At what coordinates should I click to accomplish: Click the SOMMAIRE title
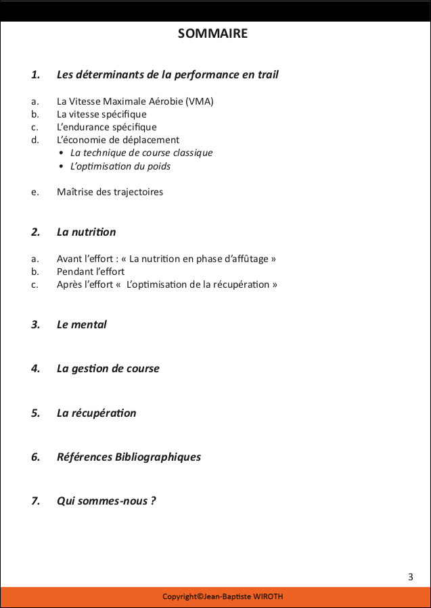click(x=212, y=33)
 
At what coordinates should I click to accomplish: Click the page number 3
click(x=411, y=576)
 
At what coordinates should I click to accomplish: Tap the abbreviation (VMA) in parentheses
click(x=200, y=101)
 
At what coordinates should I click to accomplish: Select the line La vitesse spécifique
click(x=101, y=114)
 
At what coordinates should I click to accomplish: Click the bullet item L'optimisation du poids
click(x=120, y=166)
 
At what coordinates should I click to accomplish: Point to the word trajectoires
click(x=139, y=192)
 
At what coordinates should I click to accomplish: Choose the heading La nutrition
click(x=86, y=232)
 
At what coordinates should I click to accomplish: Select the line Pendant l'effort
click(x=91, y=272)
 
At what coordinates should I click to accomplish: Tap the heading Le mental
click(x=81, y=324)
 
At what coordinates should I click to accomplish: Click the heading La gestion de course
click(x=108, y=369)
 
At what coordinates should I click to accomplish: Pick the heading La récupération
click(x=96, y=413)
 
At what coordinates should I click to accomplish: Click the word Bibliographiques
click(x=158, y=457)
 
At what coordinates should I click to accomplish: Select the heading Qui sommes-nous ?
click(x=106, y=501)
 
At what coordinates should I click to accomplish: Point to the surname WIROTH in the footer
click(x=269, y=597)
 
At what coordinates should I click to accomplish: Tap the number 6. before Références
click(x=35, y=457)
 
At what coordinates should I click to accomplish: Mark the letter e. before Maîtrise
click(x=35, y=192)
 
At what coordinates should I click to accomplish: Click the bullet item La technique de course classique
click(x=141, y=153)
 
